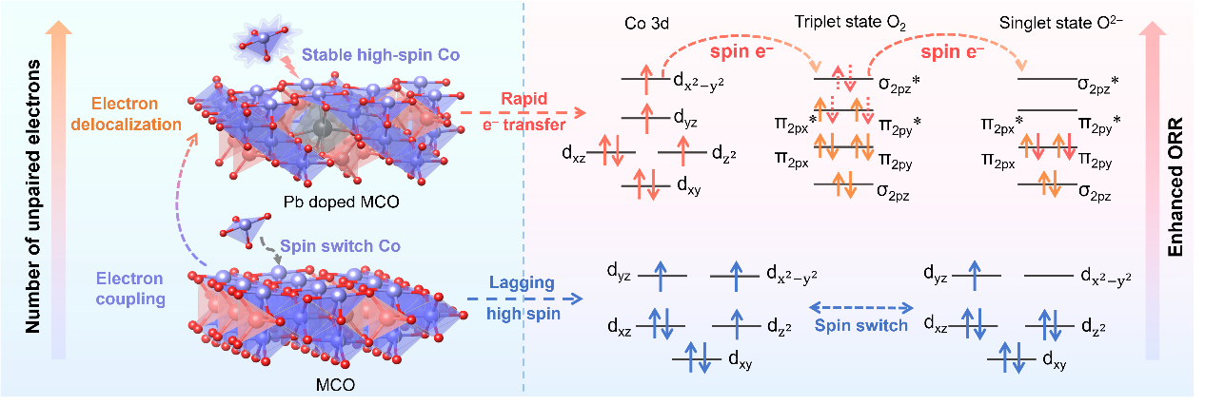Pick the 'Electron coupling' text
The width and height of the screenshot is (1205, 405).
pos(129,288)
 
